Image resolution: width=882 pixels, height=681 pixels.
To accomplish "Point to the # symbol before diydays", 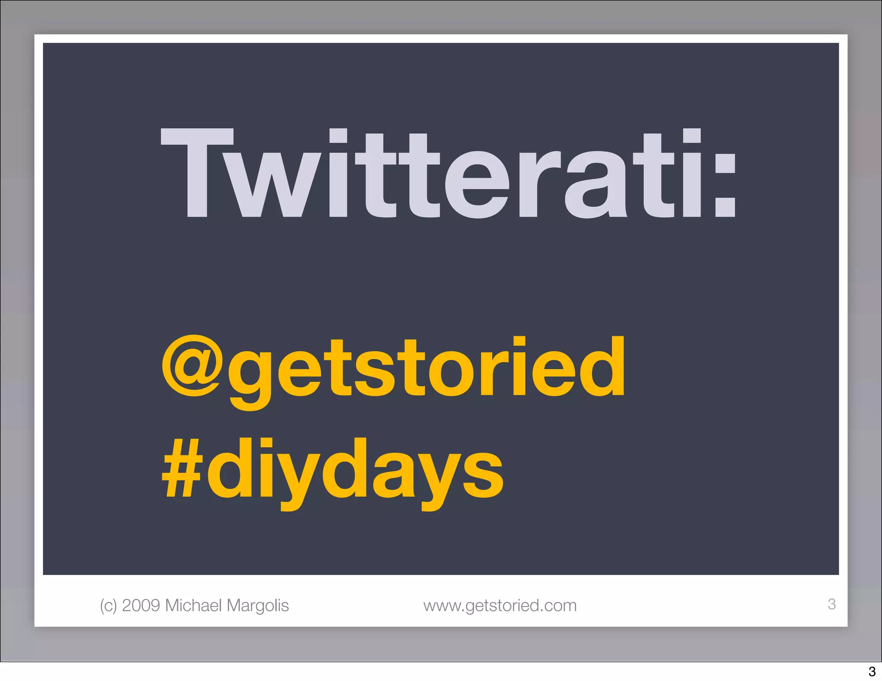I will point(182,469).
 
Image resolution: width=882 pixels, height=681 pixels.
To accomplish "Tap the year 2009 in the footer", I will point(141,605).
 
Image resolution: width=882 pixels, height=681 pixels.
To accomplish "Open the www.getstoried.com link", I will point(500,606).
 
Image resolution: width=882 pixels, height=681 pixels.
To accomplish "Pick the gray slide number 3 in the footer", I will point(832,604).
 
